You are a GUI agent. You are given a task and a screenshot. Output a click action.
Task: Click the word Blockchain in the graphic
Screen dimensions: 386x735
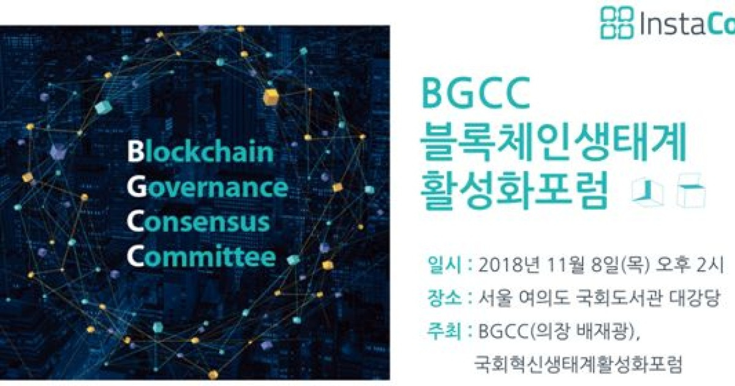200,151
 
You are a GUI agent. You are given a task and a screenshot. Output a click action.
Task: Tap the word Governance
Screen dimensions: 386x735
208,187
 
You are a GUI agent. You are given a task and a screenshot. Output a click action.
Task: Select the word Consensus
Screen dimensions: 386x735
198,222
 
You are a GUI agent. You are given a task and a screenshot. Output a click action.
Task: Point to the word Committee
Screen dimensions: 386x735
202,257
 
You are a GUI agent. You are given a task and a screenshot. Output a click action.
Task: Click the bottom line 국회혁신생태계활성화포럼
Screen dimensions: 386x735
577,365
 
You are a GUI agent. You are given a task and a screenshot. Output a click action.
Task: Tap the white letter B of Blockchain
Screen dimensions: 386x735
135,151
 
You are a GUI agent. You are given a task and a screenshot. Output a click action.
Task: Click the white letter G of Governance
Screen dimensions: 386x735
136,187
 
